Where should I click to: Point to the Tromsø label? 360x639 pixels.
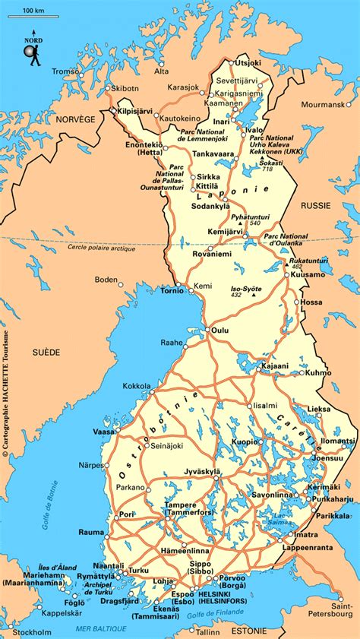point(66,71)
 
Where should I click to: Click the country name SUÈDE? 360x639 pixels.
point(46,353)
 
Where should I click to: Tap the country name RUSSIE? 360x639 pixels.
point(315,205)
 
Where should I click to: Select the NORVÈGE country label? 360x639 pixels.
point(74,119)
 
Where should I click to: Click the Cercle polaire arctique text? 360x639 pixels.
point(101,248)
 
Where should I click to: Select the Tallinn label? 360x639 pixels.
point(207,631)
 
